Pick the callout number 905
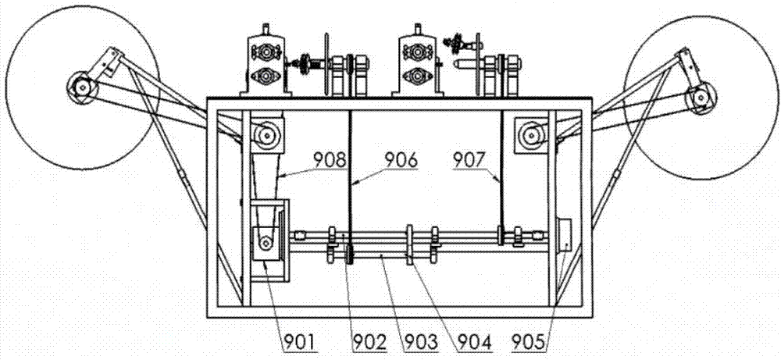[x=531, y=340]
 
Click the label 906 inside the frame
[x=400, y=161]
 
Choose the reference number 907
[x=471, y=161]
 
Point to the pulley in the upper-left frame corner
[x=265, y=137]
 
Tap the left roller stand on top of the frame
[x=264, y=65]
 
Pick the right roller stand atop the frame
[x=415, y=65]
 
